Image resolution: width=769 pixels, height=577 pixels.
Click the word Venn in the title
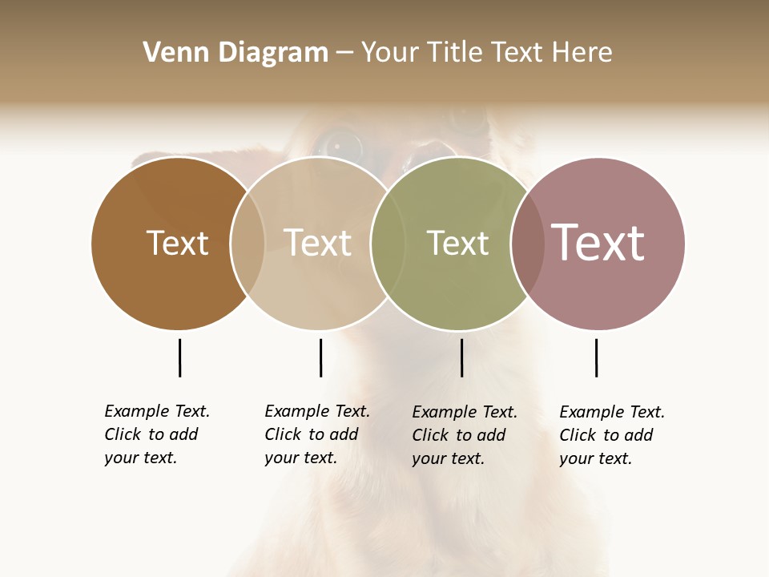pyautogui.click(x=171, y=53)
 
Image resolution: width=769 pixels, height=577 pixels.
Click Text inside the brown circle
pyautogui.click(x=177, y=243)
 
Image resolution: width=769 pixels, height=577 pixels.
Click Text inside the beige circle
pyautogui.click(x=318, y=243)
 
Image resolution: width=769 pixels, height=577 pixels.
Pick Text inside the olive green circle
pyautogui.click(x=457, y=243)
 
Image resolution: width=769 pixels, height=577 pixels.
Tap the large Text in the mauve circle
pyautogui.click(x=598, y=242)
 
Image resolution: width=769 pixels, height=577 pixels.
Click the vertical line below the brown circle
pyautogui.click(x=179, y=357)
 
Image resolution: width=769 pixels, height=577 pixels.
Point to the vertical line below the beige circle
pyautogui.click(x=320, y=357)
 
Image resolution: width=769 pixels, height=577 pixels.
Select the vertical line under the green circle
pyautogui.click(x=461, y=357)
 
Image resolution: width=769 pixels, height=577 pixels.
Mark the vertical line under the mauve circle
pyautogui.click(x=596, y=357)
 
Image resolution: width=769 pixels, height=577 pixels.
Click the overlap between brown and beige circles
pyautogui.click(x=248, y=243)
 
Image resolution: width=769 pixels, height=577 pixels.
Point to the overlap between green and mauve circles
pyautogui.click(x=527, y=243)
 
